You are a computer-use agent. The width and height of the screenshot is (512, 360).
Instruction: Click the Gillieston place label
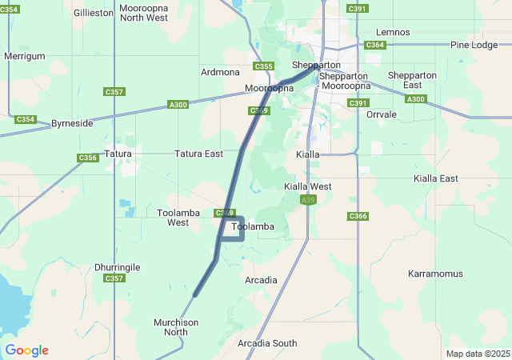94,13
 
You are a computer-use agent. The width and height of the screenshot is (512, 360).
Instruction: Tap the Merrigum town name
24,56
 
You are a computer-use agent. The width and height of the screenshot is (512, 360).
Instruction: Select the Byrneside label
72,124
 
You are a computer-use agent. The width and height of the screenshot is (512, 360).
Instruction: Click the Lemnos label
393,32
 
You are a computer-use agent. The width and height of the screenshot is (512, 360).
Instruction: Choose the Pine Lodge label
474,45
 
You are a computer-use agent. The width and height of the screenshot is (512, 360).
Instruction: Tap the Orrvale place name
381,114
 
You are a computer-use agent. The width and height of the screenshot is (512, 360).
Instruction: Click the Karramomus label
435,274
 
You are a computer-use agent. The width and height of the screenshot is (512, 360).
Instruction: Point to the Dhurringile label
117,266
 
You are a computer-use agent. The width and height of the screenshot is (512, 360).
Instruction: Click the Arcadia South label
267,343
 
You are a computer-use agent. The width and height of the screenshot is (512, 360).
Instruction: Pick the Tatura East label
198,154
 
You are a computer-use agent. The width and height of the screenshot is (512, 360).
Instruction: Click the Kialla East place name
436,178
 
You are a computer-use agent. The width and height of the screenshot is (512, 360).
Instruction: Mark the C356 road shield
88,158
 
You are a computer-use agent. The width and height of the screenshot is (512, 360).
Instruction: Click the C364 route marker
374,45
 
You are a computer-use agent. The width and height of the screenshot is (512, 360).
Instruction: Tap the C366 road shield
358,217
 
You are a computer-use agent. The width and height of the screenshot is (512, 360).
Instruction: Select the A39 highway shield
307,200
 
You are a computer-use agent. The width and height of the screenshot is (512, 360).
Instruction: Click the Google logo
26,350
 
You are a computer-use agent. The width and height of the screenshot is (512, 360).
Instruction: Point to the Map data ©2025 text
478,354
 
